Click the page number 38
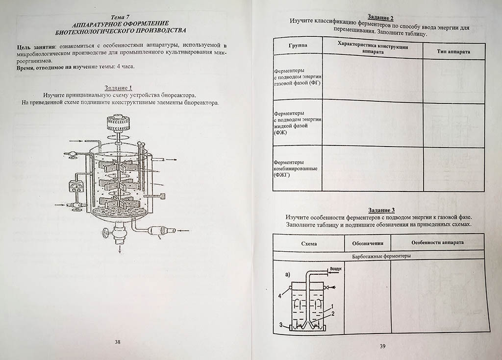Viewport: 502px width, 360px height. [x=118, y=342]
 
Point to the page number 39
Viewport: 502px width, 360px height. [x=383, y=346]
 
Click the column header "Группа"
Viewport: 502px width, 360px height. [x=298, y=46]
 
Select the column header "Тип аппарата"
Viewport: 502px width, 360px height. [x=453, y=51]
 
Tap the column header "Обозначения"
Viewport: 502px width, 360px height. [x=368, y=243]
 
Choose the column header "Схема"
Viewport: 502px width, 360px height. [x=309, y=243]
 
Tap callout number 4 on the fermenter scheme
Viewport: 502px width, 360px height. [x=280, y=295]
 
